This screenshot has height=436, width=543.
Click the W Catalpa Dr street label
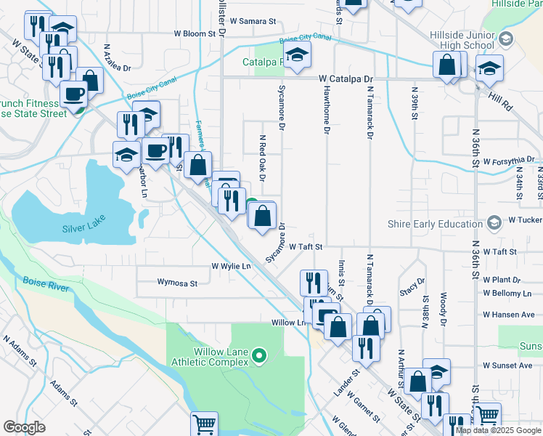[x=344, y=78]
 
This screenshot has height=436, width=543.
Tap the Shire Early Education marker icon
[x=494, y=221]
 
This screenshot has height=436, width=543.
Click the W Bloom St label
[x=195, y=33]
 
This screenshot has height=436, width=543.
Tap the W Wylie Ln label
[x=231, y=267]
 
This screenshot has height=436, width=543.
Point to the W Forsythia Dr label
[x=509, y=161]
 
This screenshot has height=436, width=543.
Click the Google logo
[x=25, y=427]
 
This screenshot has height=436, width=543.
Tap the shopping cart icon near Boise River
[x=205, y=424]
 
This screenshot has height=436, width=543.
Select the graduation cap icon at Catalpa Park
[x=297, y=54]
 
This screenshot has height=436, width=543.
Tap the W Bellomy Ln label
[x=507, y=293]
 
